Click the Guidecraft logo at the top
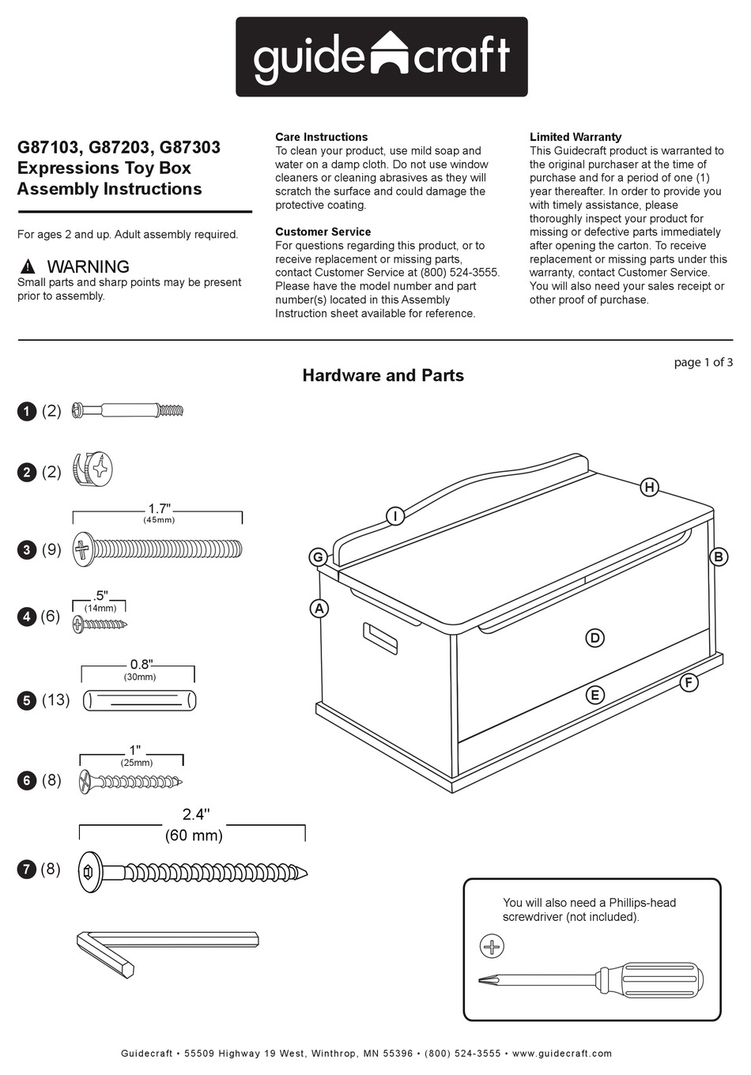(381, 57)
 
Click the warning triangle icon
(28, 266)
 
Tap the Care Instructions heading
(321, 137)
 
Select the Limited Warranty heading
(575, 137)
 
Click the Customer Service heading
(323, 232)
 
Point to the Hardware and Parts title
(383, 375)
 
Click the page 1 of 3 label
(703, 362)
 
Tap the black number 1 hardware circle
(27, 411)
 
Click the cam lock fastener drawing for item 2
(94, 470)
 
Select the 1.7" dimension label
(159, 509)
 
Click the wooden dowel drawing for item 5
(140, 700)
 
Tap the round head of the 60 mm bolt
(90, 872)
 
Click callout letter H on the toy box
(649, 487)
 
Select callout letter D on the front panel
(594, 638)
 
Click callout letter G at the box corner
(318, 557)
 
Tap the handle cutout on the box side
(380, 639)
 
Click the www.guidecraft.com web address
(561, 1053)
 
